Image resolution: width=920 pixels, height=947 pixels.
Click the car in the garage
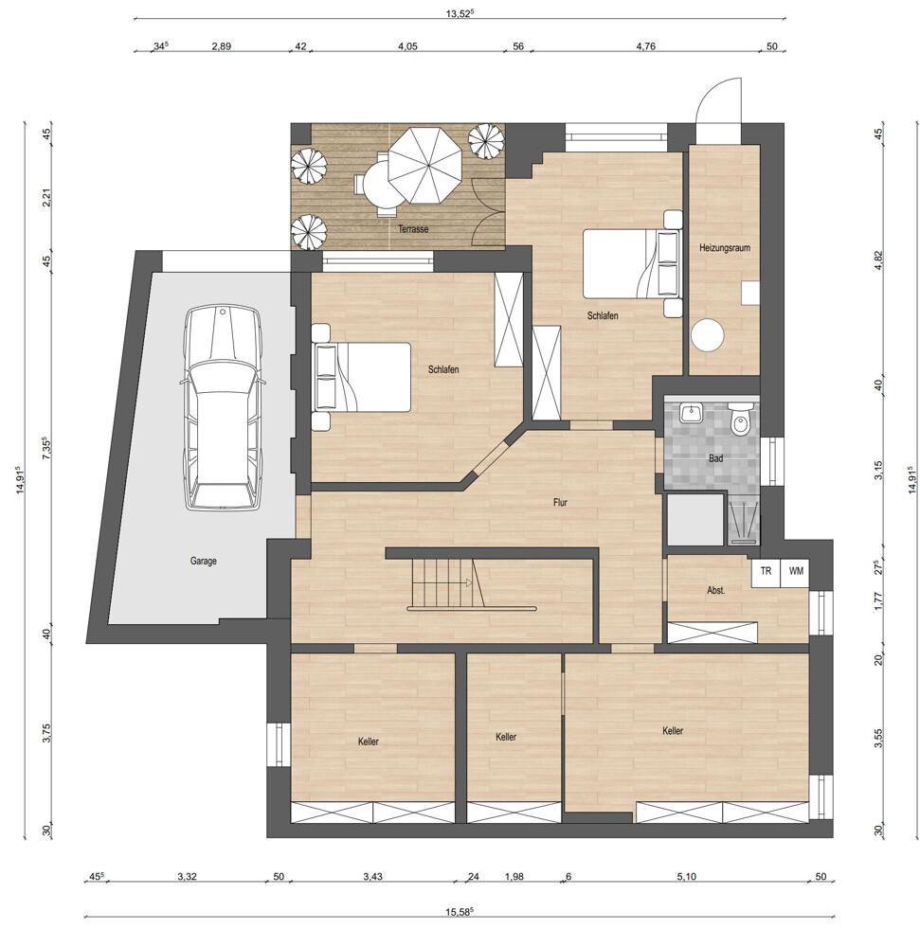click(x=223, y=407)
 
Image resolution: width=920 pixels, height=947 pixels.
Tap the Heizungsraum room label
click(x=725, y=247)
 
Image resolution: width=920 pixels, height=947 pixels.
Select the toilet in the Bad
click(x=739, y=420)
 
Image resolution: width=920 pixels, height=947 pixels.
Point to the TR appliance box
click(x=766, y=571)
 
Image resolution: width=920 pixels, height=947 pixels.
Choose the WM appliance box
click(x=796, y=571)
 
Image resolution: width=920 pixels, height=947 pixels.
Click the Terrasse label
click(x=413, y=229)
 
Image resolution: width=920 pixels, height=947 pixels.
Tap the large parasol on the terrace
click(x=424, y=164)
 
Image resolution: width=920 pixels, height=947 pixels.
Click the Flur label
click(x=560, y=503)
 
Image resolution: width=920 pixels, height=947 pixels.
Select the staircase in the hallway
click(x=447, y=581)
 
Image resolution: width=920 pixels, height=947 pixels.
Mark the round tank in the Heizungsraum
click(x=708, y=334)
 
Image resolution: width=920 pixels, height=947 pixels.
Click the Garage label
click(x=203, y=561)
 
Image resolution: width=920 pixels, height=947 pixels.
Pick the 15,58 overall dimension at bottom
click(x=460, y=912)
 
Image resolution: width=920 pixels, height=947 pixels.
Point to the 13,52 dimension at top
click(x=460, y=14)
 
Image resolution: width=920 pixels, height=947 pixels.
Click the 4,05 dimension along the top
click(x=408, y=45)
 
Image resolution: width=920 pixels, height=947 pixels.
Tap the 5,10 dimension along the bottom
click(x=686, y=877)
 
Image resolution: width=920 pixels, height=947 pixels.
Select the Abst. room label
click(x=716, y=591)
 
